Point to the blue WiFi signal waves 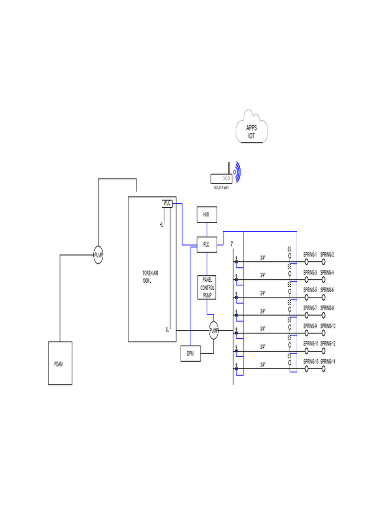tap(238, 172)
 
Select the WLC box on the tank tap(167, 203)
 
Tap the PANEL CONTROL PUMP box tap(206, 288)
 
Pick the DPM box tap(190, 354)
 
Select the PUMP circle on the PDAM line tap(99, 255)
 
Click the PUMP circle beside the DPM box tap(214, 330)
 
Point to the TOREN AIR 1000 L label tap(150, 277)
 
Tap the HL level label tap(161, 225)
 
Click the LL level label tap(168, 328)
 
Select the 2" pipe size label tap(232, 244)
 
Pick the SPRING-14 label tap(328, 361)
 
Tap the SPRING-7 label tap(310, 308)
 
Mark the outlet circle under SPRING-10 tap(323, 333)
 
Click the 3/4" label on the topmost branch tap(263, 257)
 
